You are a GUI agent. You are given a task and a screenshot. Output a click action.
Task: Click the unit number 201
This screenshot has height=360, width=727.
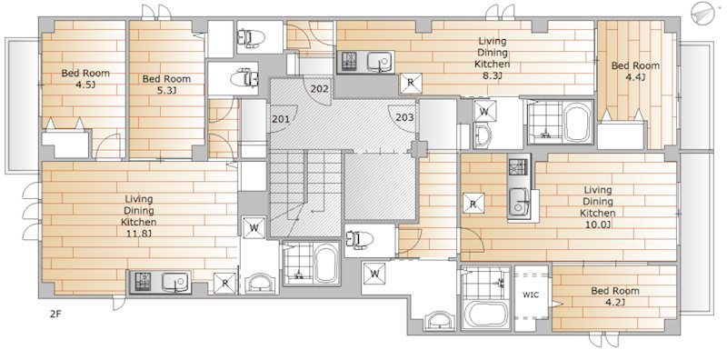coord(281,119)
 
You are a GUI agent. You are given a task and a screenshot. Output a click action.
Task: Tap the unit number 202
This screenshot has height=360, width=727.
coord(320,88)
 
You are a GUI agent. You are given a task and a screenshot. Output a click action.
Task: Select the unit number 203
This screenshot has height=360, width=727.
coord(404,117)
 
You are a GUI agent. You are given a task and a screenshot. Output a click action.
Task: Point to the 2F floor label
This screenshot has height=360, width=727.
coord(55,314)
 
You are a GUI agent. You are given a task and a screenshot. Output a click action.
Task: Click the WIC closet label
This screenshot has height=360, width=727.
coord(531,295)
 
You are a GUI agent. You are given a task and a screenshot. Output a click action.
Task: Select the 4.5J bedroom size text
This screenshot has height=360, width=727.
coord(85,85)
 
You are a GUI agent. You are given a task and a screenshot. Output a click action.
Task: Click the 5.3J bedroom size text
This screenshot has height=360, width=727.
coord(166,90)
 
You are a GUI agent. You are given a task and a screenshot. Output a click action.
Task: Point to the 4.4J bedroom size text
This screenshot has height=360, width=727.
coord(635,77)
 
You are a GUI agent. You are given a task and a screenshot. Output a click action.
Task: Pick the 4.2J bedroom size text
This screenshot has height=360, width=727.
coord(615,303)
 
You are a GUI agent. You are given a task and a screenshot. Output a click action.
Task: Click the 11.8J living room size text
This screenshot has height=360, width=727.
coord(139,233)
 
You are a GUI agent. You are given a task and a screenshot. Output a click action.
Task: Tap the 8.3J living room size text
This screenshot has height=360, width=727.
coord(493,75)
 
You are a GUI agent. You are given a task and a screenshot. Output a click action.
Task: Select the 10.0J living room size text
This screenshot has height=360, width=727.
coord(598,225)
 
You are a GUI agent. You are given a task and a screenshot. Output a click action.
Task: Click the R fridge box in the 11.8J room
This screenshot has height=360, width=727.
coord(224,283)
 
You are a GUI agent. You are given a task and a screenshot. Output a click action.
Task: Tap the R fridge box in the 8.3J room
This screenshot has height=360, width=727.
coord(411,84)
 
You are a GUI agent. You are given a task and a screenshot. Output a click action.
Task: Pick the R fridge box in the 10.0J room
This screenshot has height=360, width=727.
coord(473,204)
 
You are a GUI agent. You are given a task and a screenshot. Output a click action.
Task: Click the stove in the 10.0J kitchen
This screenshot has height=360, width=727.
coord(518,167)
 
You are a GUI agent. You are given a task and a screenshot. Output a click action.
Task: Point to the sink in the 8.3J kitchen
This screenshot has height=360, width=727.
coord(380,62)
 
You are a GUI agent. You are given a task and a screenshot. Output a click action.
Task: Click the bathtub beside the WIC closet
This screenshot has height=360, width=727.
coord(486,314)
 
